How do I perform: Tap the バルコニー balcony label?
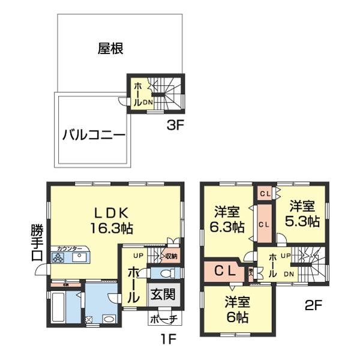94,135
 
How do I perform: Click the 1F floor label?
167,340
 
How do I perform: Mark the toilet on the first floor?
169,274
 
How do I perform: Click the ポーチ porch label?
163,319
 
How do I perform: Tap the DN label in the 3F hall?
148,102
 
